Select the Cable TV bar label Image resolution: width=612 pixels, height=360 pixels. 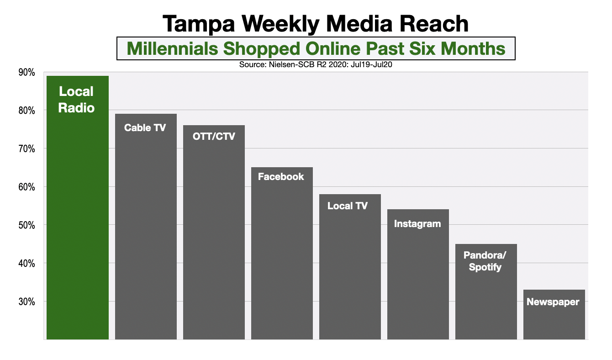point(145,128)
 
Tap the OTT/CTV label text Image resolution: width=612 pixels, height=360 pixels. point(214,136)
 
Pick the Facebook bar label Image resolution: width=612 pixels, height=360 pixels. point(281,177)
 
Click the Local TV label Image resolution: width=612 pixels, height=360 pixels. point(348,206)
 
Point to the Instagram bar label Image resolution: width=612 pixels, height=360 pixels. point(417,224)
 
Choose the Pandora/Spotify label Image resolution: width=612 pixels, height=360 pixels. point(485,261)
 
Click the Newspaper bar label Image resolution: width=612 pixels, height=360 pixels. point(553,302)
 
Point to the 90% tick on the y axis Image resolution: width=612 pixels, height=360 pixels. point(26,72)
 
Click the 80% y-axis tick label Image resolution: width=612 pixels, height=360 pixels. point(26,111)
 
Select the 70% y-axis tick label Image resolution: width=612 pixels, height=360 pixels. point(26,149)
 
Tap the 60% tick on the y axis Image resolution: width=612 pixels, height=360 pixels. point(26,187)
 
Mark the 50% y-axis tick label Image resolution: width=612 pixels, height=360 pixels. point(26,225)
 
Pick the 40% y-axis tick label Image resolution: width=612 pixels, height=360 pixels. point(26,264)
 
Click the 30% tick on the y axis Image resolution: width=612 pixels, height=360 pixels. point(26,302)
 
